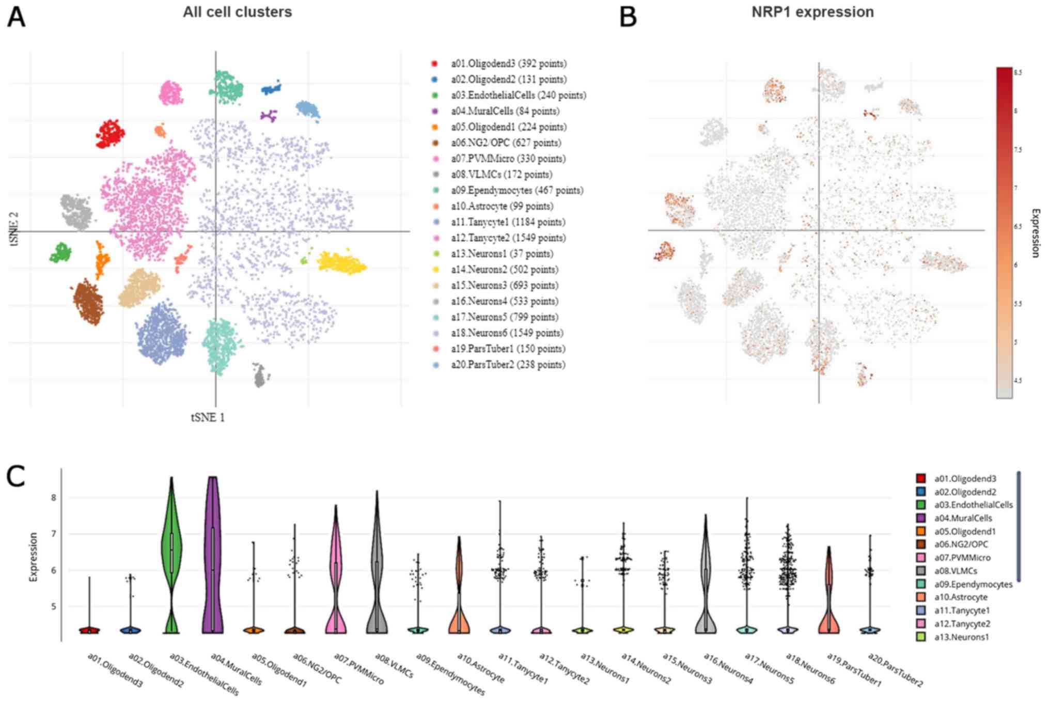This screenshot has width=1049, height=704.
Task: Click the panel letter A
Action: [15, 17]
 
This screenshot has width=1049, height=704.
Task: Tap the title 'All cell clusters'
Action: [237, 12]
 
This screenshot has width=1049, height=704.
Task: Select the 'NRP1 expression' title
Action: [812, 12]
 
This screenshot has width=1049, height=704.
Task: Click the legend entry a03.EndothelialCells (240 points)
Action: [518, 95]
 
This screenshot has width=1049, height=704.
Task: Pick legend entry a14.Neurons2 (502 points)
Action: [504, 270]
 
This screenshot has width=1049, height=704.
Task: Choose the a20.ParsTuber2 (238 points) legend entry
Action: [508, 365]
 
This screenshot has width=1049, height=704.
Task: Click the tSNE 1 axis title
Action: [208, 417]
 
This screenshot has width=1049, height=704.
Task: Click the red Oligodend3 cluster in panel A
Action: [109, 134]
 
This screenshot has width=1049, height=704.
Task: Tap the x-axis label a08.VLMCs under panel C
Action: [395, 666]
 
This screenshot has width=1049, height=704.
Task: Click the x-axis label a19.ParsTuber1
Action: [854, 670]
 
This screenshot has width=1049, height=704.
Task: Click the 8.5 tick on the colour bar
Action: [1017, 73]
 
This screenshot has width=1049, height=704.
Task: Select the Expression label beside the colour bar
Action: [1035, 232]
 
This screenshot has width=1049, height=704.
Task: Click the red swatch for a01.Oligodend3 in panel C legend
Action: [920, 478]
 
